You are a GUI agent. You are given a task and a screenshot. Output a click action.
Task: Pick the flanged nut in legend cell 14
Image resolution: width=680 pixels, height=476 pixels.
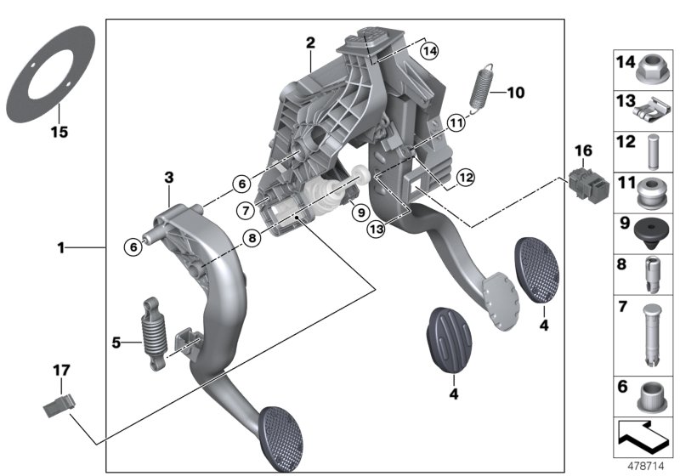click(x=654, y=63)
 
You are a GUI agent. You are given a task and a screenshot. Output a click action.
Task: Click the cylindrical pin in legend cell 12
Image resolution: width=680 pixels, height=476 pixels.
click(x=654, y=147)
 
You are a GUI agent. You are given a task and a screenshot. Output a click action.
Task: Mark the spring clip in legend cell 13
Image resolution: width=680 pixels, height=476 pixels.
click(x=654, y=106)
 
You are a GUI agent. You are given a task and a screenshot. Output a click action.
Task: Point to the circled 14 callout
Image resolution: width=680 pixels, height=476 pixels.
click(x=430, y=52)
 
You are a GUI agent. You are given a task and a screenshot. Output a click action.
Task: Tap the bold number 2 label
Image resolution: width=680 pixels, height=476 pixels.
click(x=310, y=42)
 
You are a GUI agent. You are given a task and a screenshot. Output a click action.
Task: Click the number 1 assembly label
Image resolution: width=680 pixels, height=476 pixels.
click(x=60, y=248)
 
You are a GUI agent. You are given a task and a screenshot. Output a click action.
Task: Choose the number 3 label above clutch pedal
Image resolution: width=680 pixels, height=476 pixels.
click(x=169, y=177)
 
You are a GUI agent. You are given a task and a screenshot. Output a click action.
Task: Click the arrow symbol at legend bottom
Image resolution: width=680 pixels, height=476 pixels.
click(x=643, y=437)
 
